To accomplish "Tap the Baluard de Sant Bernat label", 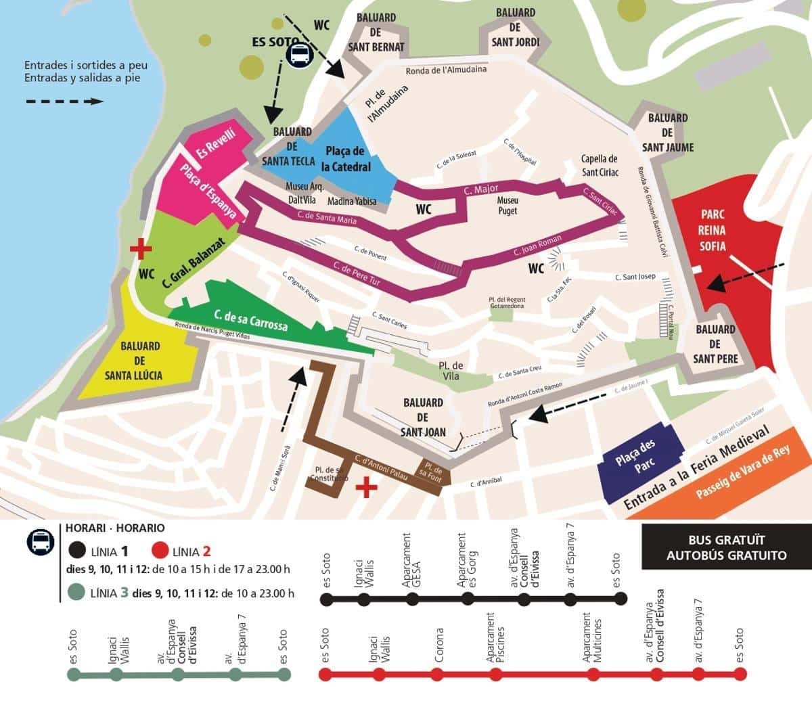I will (x=376, y=32).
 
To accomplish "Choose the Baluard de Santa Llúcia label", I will (x=140, y=360).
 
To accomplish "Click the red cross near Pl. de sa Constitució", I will (x=366, y=486).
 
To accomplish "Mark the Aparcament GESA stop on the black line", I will (x=411, y=599).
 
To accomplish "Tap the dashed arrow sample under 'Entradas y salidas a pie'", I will (x=64, y=101).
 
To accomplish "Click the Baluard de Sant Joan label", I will (x=423, y=417).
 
